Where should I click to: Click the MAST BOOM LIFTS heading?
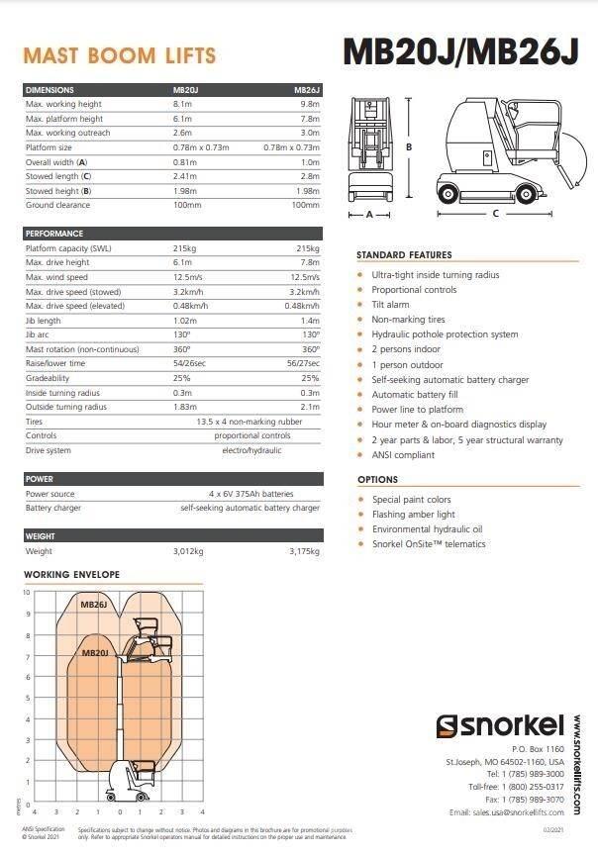119,55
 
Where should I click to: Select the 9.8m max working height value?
309,104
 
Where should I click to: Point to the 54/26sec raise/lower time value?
188,363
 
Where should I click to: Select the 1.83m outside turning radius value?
185,407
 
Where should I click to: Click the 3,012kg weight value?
188,551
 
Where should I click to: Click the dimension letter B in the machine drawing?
410,146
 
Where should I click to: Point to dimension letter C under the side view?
495,214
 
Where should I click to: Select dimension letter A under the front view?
369,214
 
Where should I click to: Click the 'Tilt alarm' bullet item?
390,305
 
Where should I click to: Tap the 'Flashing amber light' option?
413,515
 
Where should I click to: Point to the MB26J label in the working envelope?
94,603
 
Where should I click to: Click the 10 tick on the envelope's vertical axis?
27,593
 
